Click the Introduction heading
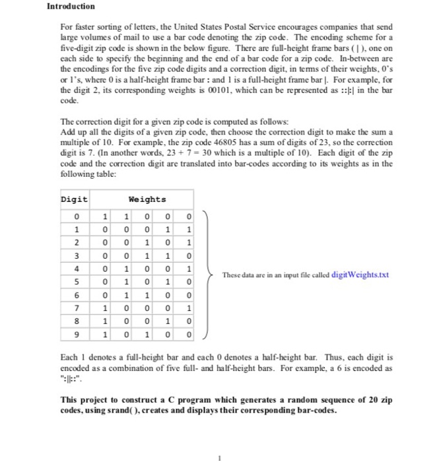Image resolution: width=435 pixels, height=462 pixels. (x=71, y=6)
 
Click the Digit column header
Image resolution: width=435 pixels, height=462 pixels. (x=74, y=199)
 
